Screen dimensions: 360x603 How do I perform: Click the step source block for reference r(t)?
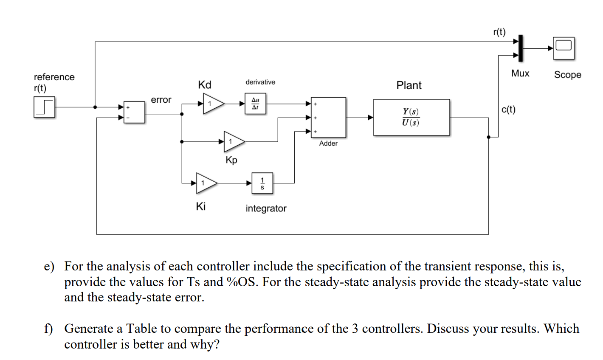tap(45, 107)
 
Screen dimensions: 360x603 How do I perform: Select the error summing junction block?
tap(134, 112)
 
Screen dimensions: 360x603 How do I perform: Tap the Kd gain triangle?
tap(213, 104)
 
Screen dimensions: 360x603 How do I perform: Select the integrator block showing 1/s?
tap(262, 183)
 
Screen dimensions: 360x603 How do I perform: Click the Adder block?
tap(329, 117)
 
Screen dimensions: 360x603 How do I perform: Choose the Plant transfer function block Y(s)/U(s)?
tap(411, 118)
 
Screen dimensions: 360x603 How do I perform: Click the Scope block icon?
tap(564, 48)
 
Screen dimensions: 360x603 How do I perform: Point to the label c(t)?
tap(508, 110)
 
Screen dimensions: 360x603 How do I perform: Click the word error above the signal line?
tap(161, 100)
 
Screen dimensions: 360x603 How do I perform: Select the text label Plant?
tap(409, 85)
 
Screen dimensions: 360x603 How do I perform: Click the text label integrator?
tap(266, 208)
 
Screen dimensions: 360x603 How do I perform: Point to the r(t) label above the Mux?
tap(499, 32)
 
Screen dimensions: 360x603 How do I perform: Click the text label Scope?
tap(567, 75)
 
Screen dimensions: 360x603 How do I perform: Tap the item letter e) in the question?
tap(50, 267)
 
